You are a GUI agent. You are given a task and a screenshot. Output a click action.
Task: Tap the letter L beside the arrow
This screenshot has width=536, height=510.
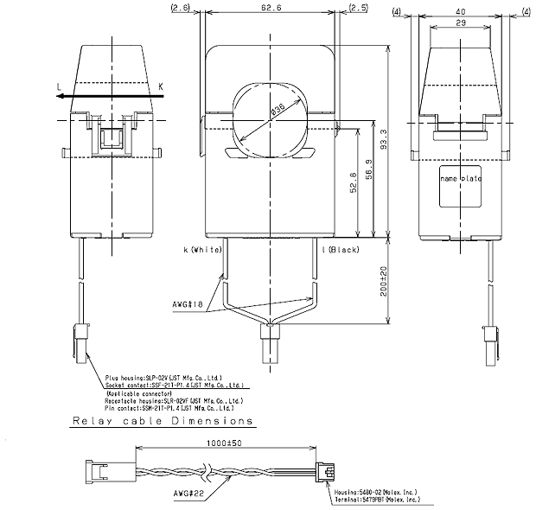[58, 86]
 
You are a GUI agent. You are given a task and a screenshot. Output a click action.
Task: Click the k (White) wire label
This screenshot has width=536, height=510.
[203, 250]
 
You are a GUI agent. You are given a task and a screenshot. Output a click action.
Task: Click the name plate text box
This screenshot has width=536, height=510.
[460, 178]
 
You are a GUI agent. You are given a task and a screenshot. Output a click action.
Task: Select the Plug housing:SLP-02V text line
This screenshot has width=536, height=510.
[163, 378]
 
